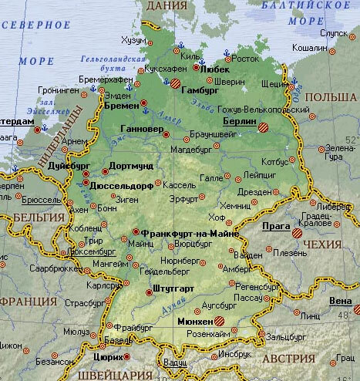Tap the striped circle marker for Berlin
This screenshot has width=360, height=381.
coord(264,127)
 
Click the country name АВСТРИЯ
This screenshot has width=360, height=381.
coord(291,359)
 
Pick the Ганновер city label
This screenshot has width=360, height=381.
coord(143,126)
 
